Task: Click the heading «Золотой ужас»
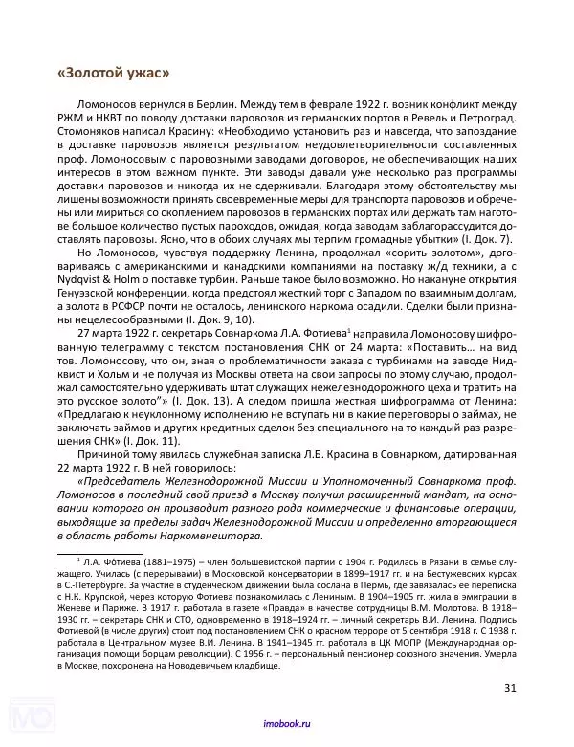114,75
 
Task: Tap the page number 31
510,687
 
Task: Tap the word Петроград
482,118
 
